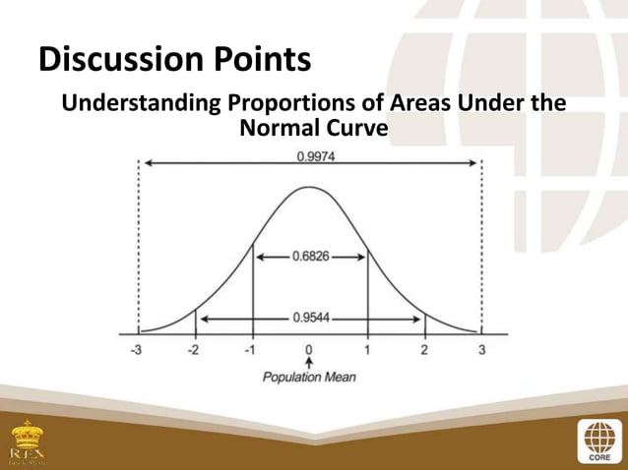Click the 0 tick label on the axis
coord(309,351)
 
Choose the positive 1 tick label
coord(367,351)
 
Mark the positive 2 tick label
coord(424,351)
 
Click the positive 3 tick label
coord(482,351)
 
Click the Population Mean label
coord(309,378)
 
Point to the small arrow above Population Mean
coord(309,364)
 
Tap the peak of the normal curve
coord(309,186)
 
